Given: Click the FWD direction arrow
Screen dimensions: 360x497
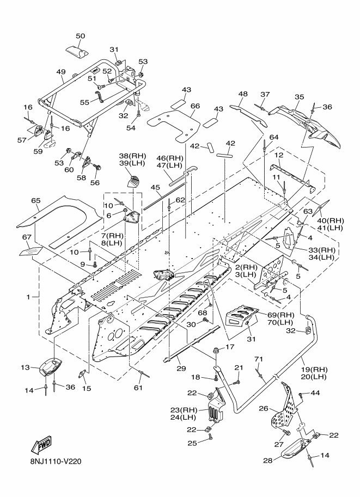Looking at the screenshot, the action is (41, 446).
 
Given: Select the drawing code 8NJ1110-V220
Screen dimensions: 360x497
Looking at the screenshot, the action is (53, 461).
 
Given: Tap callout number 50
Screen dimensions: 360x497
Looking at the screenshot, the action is (81, 36).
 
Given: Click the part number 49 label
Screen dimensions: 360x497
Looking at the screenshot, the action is (61, 72).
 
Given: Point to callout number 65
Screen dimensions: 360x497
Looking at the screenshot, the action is (36, 200).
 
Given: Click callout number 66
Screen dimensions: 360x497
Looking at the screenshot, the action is (196, 106).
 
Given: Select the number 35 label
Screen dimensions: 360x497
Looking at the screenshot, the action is (299, 97).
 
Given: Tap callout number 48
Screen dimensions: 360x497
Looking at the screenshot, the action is (243, 94).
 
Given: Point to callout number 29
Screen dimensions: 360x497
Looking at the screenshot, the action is (181, 369).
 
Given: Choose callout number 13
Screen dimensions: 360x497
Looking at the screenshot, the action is (26, 367).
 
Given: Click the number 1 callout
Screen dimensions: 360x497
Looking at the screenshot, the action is (28, 297).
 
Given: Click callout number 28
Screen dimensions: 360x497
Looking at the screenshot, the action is (268, 460).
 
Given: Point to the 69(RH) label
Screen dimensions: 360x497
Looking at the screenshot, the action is (280, 315).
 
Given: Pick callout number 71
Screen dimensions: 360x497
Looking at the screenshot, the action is (259, 359).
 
